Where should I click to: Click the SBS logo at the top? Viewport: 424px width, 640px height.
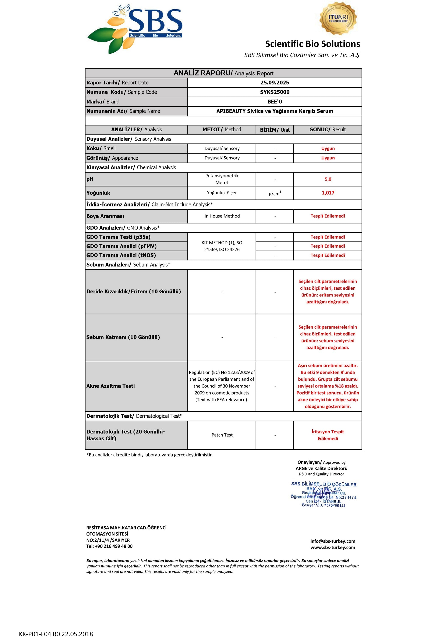point(135,28)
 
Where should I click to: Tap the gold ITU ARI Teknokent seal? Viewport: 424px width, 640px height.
point(338,18)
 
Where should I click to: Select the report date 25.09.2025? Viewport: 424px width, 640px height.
point(275,83)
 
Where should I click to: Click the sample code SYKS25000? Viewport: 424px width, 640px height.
point(275,92)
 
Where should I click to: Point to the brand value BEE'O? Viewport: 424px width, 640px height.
point(275,102)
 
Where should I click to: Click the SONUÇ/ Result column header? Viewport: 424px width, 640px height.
point(328,130)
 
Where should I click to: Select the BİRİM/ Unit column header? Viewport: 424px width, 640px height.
point(275,130)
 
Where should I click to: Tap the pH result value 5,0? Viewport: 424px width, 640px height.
point(328,179)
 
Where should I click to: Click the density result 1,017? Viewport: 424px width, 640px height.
point(328,193)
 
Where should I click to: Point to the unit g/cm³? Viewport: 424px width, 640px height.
point(275,194)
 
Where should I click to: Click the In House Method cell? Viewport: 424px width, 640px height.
point(222,216)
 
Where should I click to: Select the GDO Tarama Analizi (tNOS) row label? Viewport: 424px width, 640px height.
point(121,255)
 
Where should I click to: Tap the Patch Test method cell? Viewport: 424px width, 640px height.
point(222,435)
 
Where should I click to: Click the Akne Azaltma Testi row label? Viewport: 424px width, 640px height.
point(110,386)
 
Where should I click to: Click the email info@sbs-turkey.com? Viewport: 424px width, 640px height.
point(333,541)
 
